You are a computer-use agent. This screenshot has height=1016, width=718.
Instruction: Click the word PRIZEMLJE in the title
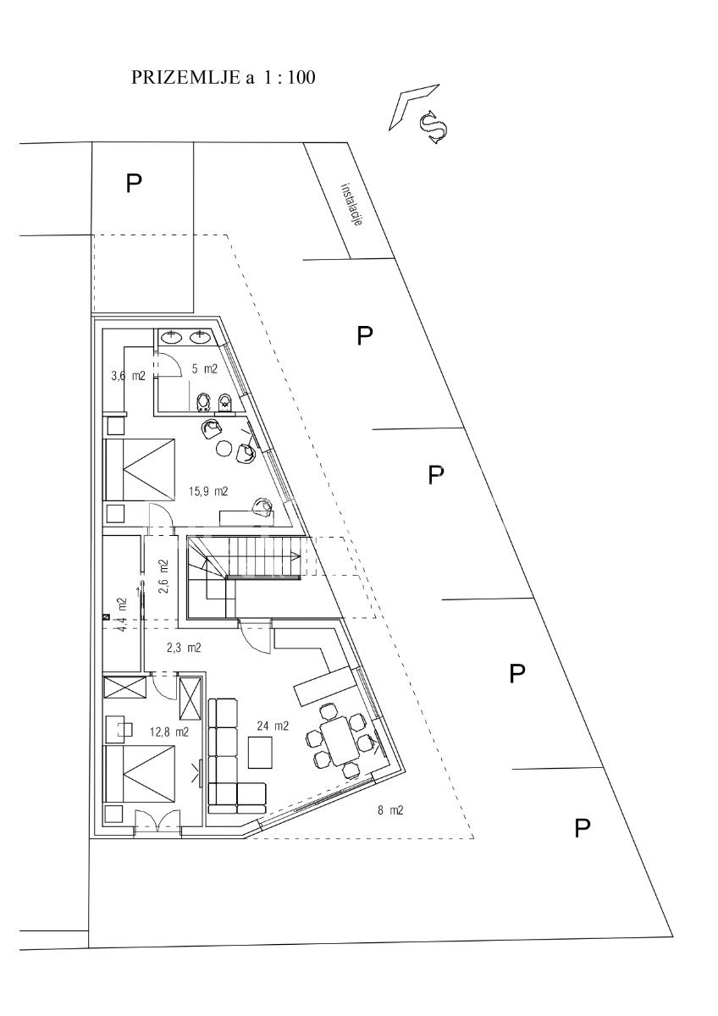(185, 78)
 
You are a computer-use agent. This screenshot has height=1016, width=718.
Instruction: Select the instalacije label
(352, 205)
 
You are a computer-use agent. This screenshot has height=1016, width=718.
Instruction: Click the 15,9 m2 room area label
(208, 491)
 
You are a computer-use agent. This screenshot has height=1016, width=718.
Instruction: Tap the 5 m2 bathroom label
(205, 369)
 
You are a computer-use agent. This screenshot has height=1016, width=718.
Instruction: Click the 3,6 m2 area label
(129, 376)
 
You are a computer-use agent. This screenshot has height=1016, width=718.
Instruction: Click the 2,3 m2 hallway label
(184, 648)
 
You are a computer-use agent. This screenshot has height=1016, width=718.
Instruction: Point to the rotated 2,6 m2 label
(163, 576)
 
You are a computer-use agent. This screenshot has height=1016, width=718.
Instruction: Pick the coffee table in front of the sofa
(261, 753)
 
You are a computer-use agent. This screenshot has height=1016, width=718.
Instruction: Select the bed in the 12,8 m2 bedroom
(140, 776)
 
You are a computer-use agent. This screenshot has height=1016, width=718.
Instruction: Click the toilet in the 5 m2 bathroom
(202, 402)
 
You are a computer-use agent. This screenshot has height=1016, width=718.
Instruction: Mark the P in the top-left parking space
(134, 183)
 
